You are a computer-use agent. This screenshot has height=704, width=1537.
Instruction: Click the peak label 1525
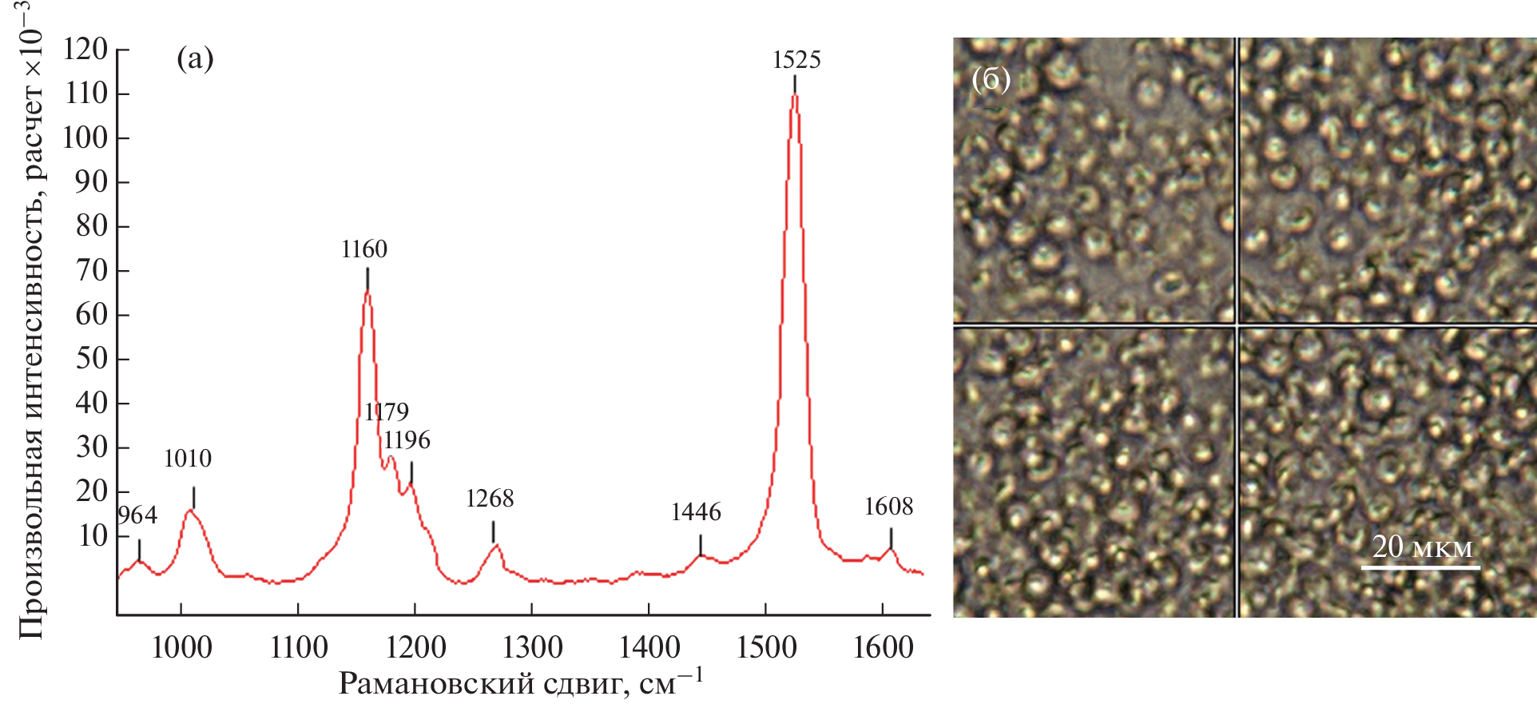[x=796, y=60]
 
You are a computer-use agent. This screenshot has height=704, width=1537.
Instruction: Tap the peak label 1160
[x=364, y=249]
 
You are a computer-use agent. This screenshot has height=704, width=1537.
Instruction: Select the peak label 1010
[x=188, y=459]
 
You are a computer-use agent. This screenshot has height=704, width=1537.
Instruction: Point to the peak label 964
[x=137, y=515]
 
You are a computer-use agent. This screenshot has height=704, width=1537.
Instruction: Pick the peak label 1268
[x=490, y=499]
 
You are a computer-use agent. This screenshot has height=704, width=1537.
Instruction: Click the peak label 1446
[x=696, y=512]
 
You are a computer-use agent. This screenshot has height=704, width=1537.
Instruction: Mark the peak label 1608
[x=888, y=507]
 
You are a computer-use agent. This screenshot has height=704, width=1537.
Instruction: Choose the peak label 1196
[x=407, y=440]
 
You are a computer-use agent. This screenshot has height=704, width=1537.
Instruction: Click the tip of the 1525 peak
[x=795, y=95]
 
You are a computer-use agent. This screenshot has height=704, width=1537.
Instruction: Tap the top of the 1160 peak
[x=367, y=290]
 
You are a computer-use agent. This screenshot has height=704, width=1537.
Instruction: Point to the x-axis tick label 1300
[x=532, y=647]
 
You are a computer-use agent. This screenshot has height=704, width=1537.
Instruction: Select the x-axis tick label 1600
[x=883, y=647]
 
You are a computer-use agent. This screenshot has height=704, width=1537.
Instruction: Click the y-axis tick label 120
[x=85, y=50]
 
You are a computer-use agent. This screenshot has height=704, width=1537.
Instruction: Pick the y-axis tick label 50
[x=91, y=359]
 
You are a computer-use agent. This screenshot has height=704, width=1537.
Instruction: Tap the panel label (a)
[x=195, y=58]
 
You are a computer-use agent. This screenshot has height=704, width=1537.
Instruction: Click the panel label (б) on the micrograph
[x=991, y=79]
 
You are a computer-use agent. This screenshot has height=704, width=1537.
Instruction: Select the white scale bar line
[x=1420, y=567]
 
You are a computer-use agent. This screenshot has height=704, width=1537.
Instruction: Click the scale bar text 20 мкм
[x=1422, y=547]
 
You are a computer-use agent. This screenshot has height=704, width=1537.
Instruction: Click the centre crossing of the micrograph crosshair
[x=1237, y=324]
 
